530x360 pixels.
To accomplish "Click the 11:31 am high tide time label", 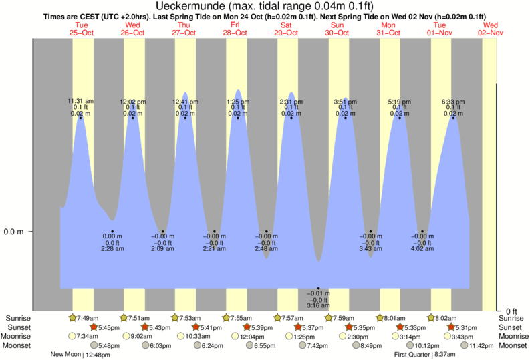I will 81,102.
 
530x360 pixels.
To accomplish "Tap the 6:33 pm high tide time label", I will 454,102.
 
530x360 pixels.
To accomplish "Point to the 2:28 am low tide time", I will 112,249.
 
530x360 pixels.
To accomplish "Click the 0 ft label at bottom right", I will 511,311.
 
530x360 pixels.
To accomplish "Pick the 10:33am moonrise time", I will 193,336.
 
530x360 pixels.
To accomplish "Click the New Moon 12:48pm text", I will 80,355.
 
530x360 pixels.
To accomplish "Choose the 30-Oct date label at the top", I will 338,31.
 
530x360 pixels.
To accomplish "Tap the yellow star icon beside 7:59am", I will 329,318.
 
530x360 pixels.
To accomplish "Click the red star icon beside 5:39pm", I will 246,327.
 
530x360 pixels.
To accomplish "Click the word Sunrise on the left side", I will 19,318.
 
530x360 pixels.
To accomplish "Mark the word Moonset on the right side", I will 512,345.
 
